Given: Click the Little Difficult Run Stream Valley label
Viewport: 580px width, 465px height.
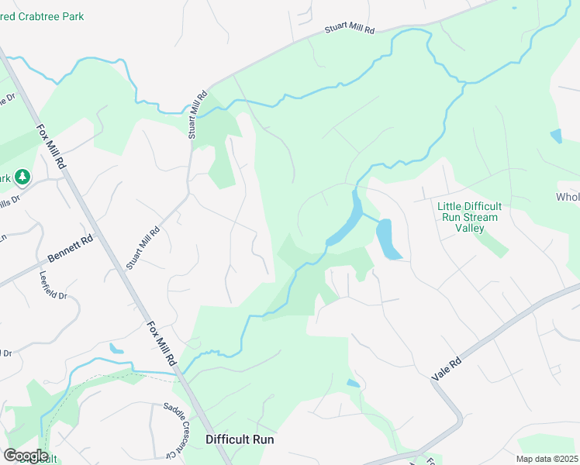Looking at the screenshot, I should (469, 217).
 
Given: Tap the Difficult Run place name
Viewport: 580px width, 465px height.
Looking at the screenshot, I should (240, 439).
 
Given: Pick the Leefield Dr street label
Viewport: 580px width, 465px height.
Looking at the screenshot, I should (54, 285).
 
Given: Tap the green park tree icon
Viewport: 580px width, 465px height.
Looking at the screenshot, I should (23, 178).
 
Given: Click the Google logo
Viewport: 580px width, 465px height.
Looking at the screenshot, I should (26, 456).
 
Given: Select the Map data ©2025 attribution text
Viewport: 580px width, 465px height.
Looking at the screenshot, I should (547, 458).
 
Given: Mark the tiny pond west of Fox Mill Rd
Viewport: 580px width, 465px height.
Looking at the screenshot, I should (116, 348).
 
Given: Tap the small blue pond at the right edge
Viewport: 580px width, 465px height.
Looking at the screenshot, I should (555, 136).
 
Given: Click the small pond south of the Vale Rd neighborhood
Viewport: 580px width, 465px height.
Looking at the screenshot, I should (353, 383).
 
